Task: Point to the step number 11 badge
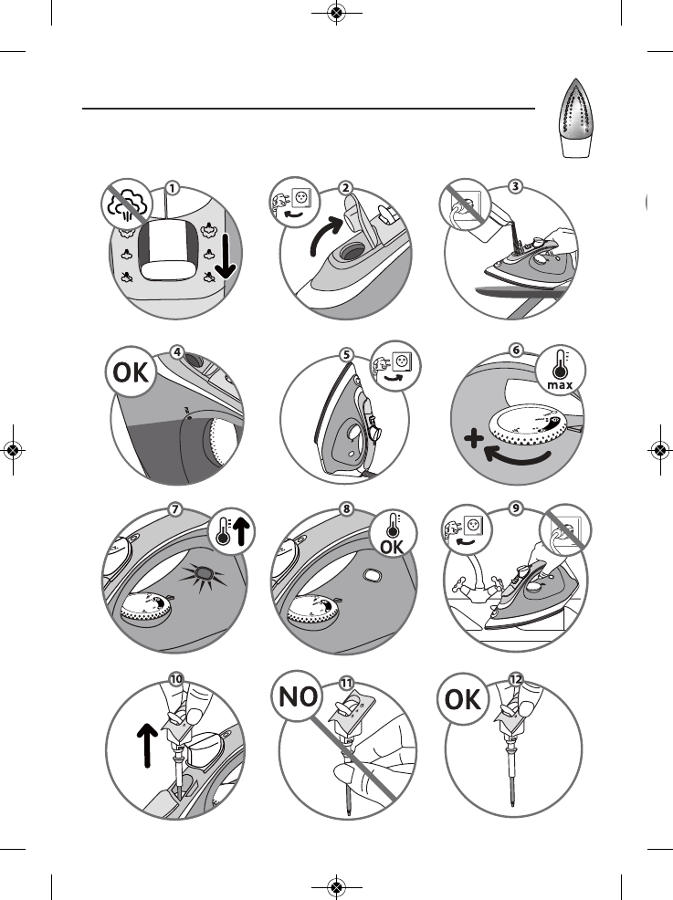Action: point(346,682)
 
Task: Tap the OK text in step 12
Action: point(467,703)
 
